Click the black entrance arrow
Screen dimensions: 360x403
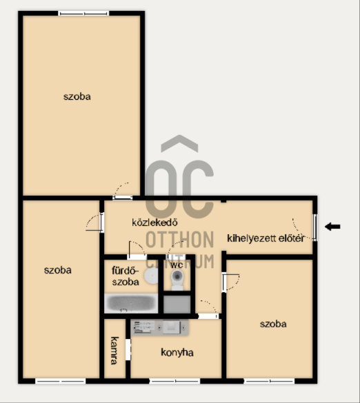point(332,227)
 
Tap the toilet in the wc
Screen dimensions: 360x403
point(177,280)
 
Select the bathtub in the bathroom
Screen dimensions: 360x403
point(131,303)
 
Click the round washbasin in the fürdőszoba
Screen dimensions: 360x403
point(151,276)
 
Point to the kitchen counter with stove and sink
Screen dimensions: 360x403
point(159,327)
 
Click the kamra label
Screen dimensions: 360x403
point(114,351)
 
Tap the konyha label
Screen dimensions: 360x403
point(177,353)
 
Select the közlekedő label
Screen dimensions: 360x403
point(154,223)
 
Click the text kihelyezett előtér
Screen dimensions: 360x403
point(266,238)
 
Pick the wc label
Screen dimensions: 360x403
point(177,265)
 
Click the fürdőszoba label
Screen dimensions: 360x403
point(126,276)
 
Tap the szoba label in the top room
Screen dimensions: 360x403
point(77,96)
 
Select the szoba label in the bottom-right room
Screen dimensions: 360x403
point(273,324)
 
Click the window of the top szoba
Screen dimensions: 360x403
point(83,13)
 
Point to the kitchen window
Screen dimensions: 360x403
point(174,381)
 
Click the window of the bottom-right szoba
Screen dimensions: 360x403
point(269,381)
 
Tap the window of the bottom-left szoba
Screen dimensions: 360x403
point(60,381)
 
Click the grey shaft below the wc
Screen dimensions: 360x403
point(177,304)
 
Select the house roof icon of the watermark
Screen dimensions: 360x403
point(179,143)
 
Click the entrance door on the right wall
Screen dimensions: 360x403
point(314,227)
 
